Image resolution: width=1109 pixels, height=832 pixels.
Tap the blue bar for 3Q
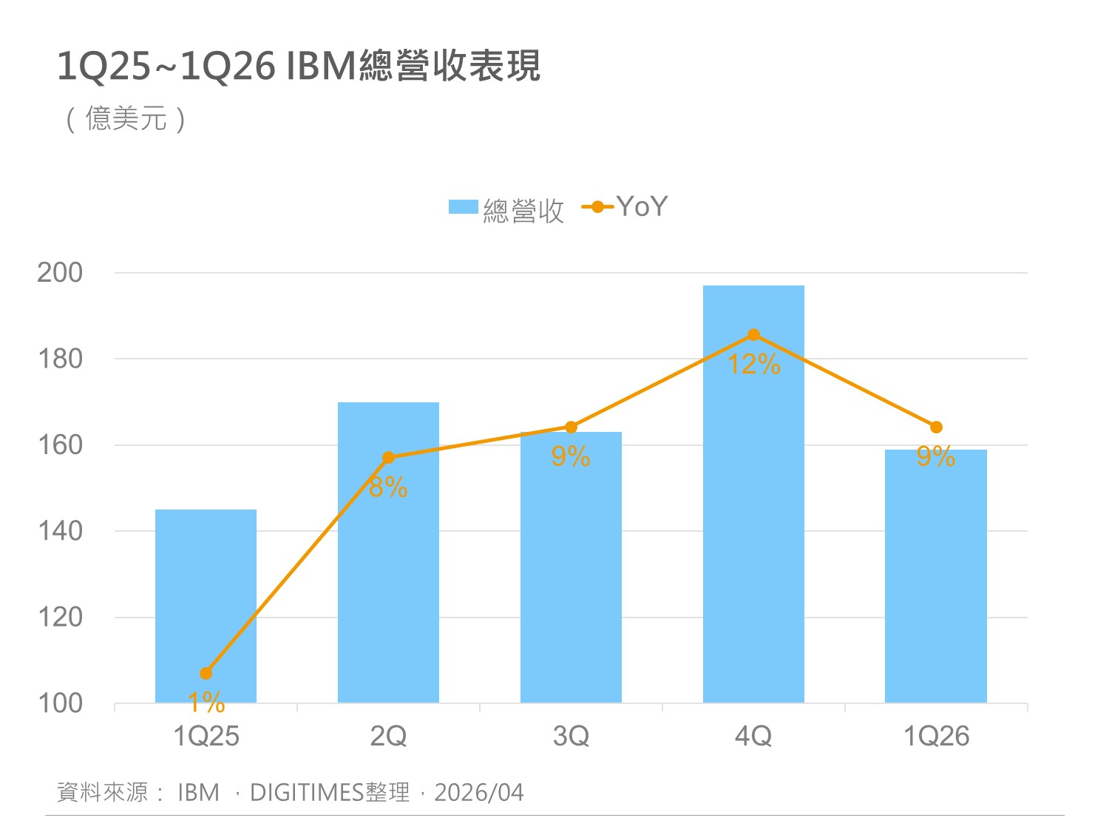point(571,577)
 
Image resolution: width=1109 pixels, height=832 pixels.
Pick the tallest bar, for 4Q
point(753,518)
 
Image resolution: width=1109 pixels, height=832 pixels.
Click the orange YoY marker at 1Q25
point(206,673)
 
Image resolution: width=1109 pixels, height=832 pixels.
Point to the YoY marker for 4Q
point(753,335)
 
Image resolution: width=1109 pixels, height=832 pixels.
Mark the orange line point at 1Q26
point(936,427)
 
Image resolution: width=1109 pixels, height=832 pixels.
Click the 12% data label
point(753,365)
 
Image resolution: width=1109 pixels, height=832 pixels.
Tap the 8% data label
point(388,487)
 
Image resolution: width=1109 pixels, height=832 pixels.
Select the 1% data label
point(206,702)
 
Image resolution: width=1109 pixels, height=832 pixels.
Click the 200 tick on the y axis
point(60,272)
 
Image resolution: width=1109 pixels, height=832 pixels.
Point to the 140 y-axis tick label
point(60,530)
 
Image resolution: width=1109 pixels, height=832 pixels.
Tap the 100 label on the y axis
point(60,703)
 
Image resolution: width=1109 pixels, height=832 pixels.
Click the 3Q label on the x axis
point(571,736)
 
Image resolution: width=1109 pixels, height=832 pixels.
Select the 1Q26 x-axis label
point(936,736)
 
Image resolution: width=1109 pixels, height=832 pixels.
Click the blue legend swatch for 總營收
point(464,207)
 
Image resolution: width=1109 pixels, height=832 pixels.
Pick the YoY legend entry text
point(642,206)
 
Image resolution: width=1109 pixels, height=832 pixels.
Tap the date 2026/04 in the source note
point(478,792)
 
